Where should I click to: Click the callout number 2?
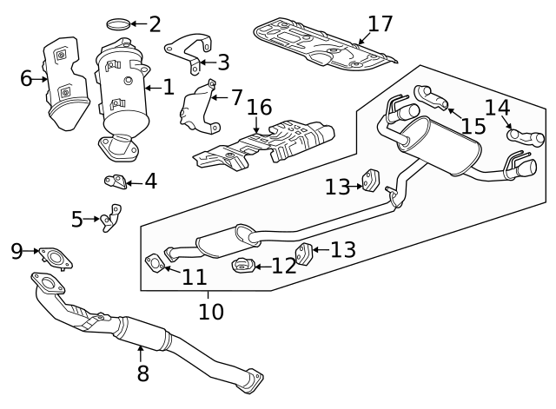click(x=155, y=23)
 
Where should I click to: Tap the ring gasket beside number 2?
click(x=122, y=23)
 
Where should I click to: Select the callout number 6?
click(x=26, y=79)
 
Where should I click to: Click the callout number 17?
click(x=380, y=23)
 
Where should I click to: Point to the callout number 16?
click(x=259, y=108)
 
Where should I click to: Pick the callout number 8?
click(x=142, y=373)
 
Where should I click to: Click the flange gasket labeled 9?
click(x=56, y=256)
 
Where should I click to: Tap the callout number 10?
click(x=211, y=310)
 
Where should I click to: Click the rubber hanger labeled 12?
click(x=242, y=265)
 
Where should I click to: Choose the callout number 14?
click(x=498, y=108)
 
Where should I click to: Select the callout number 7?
click(x=236, y=97)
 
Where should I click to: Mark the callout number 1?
click(x=168, y=86)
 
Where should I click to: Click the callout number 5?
click(x=77, y=219)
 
